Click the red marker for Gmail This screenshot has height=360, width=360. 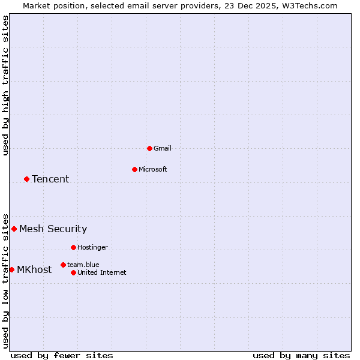[149, 148]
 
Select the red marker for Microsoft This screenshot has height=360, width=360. [134, 169]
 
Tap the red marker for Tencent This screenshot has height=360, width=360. [26, 179]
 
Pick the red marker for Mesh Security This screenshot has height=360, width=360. [14, 229]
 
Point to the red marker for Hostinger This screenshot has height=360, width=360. [73, 247]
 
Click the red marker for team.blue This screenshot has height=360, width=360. [63, 265]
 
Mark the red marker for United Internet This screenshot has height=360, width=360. [73, 272]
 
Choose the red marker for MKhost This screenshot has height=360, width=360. [11, 269]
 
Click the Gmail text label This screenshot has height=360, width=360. [162, 148]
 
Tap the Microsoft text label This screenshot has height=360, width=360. [152, 169]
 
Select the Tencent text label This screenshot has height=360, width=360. [50, 179]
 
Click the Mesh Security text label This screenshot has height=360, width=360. [53, 229]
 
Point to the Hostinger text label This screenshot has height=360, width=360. [92, 247]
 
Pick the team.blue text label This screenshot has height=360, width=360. [83, 265]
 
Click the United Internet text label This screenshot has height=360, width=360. [101, 272]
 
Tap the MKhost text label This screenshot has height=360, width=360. [34, 269]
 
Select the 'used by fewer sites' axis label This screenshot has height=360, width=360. [62, 355]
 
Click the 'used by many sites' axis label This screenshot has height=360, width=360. [301, 355]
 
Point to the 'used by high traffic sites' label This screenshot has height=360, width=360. [6, 85]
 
